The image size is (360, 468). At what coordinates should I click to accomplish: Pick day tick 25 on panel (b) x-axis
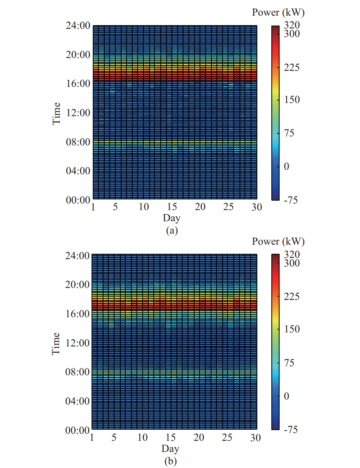tap(228, 438)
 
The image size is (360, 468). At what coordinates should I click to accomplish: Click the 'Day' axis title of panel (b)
tap(170, 448)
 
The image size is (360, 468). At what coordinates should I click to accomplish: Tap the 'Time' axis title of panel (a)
tap(57, 113)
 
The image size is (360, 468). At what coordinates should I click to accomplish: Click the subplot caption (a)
tap(172, 230)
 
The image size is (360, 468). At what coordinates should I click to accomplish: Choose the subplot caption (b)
tap(170, 461)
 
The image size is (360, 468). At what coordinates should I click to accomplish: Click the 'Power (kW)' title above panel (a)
tap(278, 13)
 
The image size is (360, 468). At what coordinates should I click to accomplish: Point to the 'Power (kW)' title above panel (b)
tap(278, 241)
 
